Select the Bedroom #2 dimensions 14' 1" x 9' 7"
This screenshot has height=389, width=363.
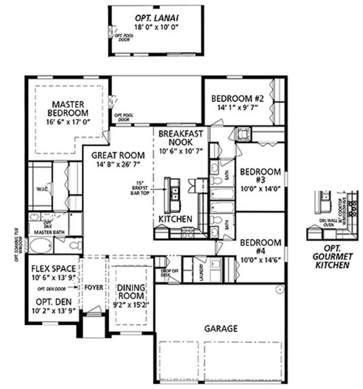[233, 109]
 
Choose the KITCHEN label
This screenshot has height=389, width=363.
[175, 218]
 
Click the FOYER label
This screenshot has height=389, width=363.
[94, 288]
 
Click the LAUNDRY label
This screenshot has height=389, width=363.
[199, 269]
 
